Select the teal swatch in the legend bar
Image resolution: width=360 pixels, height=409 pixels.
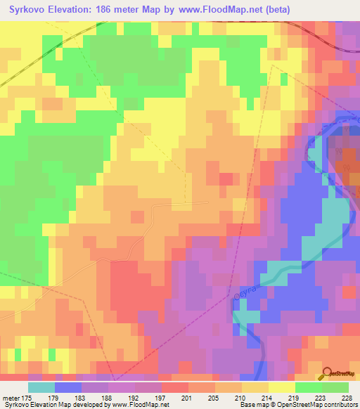point(41,387)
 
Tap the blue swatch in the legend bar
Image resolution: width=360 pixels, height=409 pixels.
point(67,387)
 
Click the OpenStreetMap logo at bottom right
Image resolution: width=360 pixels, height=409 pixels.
point(337,373)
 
